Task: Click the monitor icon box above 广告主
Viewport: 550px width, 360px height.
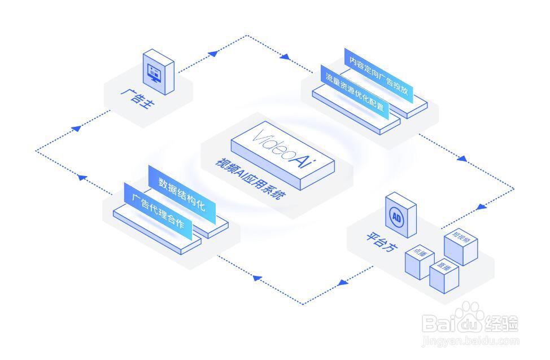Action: pyautogui.click(x=158, y=72)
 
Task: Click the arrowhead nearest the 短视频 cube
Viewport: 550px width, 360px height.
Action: pyautogui.click(x=481, y=207)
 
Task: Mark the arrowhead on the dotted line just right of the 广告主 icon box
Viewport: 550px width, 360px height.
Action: pyautogui.click(x=213, y=54)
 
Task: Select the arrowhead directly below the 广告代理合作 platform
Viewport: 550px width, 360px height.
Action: pyautogui.click(x=256, y=278)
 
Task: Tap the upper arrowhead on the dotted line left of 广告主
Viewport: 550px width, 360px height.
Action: pyautogui.click(x=77, y=128)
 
